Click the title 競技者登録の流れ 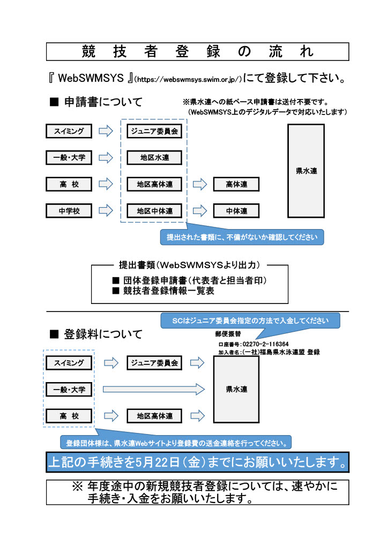[198, 52]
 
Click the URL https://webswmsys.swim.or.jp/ [189, 79]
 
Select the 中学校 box [69, 211]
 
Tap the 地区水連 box [154, 158]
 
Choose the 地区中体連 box [154, 211]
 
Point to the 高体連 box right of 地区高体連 [236, 185]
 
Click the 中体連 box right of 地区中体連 [236, 211]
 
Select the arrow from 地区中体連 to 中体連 [200, 211]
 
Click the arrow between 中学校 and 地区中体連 [107, 211]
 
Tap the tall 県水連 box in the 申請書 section [306, 171]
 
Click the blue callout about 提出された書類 [242, 236]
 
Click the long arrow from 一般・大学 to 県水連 [154, 389]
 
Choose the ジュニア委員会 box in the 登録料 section [154, 363]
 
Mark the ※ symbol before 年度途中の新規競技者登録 [77, 488]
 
